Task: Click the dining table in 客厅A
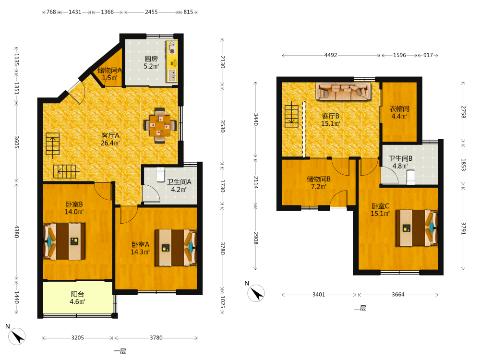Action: coord(160,125)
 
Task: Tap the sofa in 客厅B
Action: coord(343,91)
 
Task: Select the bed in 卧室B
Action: coord(64,241)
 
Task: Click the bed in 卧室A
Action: coord(175,248)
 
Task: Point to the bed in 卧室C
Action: coord(417,228)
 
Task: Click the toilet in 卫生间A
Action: coord(161,175)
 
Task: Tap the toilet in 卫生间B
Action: coord(411,178)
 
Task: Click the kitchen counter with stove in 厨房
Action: coord(172,61)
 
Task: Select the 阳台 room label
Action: coord(77,294)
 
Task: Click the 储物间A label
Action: coord(109,70)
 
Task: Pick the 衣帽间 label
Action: coord(399,108)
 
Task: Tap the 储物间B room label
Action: coord(319,179)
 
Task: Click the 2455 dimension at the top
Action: coord(151,12)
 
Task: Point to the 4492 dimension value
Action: coord(331,55)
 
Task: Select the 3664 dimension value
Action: coord(398,295)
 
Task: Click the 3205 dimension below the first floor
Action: coord(77,337)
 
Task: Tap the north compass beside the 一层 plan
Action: coord(16,336)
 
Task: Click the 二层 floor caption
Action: coord(360,308)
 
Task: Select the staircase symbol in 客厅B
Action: coord(291,116)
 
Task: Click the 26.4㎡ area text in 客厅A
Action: coord(110,143)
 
